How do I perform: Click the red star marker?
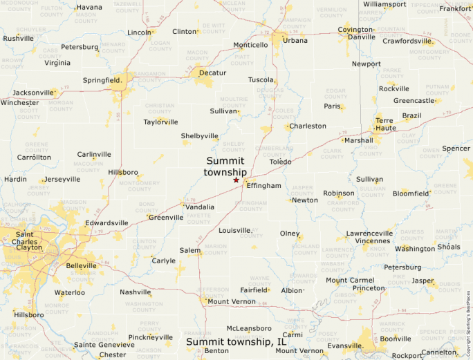point(236,180)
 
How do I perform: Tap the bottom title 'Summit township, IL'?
point(236,341)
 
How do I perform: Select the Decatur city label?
point(212,73)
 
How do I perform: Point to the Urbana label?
point(295,40)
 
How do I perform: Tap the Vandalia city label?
point(199,207)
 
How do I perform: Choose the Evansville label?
point(344,345)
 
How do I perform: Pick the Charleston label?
point(308,126)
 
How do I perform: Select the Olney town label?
point(290,234)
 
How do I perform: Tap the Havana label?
point(89,7)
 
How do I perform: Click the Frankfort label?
point(455,8)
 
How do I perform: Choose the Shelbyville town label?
point(200,136)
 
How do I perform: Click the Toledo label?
point(281,162)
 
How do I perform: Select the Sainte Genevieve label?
point(104,344)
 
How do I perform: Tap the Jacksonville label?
point(33,92)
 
